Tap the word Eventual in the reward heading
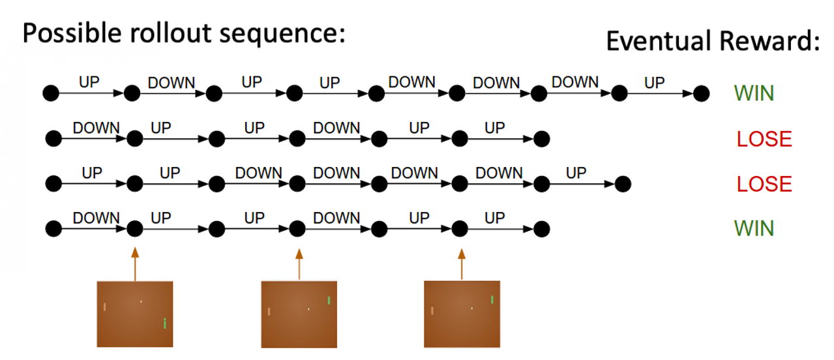[658, 41]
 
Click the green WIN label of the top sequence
[754, 93]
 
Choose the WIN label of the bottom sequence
[754, 228]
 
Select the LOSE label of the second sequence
[764, 139]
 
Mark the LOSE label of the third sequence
[764, 184]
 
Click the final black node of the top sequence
[701, 94]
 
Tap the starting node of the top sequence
[51, 94]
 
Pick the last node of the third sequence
[623, 184]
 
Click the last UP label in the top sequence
[654, 83]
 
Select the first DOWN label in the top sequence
[171, 83]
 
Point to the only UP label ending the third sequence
[576, 173]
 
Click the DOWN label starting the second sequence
[96, 128]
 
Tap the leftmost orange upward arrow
[135, 263]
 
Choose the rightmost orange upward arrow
[461, 263]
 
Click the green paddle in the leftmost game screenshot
[165, 323]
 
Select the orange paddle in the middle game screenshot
[269, 311]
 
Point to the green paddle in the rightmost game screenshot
[492, 299]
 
